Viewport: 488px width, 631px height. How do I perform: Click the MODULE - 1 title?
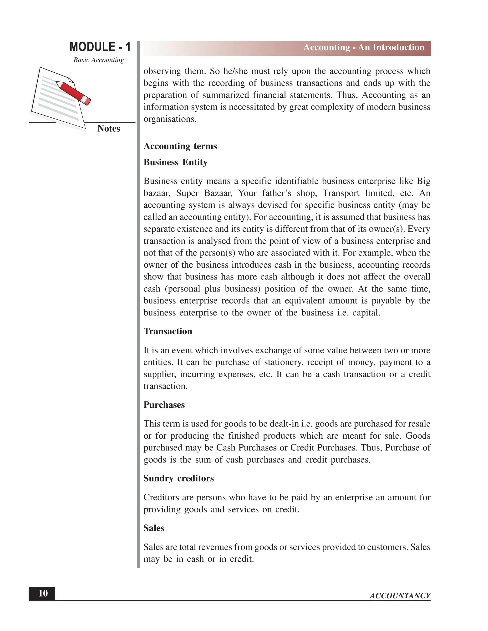point(100,47)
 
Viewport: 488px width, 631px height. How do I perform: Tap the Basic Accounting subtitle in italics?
point(98,60)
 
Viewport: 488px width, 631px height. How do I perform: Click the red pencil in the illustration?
point(73,92)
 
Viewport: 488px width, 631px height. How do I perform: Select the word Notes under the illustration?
point(108,129)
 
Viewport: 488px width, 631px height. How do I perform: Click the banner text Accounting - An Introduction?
point(363,47)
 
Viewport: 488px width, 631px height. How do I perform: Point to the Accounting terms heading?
point(180,146)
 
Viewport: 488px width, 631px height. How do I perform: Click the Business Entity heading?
point(175,162)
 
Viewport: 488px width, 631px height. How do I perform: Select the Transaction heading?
point(168,331)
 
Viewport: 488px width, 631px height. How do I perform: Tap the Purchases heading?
point(164,405)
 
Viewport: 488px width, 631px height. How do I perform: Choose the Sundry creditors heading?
point(179,478)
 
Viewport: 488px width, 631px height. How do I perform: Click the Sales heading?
point(154,528)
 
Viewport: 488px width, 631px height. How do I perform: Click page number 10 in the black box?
point(43,593)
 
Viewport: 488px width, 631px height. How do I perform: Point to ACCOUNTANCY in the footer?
point(400,596)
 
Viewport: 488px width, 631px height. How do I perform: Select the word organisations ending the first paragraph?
point(169,119)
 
